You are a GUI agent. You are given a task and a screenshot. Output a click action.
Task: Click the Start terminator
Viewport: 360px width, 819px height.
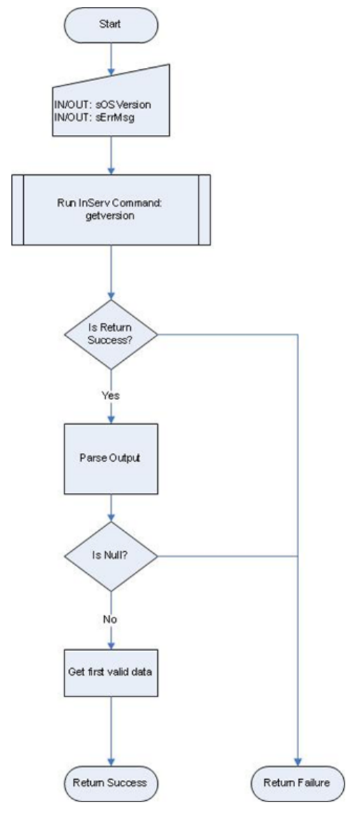pyautogui.click(x=110, y=24)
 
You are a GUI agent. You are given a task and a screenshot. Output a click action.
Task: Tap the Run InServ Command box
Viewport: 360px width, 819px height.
pyautogui.click(x=110, y=210)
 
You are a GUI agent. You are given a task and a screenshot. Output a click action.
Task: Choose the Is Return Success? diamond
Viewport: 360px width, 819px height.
pyautogui.click(x=110, y=335)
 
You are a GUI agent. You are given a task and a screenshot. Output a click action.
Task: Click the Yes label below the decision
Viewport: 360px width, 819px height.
pyautogui.click(x=110, y=395)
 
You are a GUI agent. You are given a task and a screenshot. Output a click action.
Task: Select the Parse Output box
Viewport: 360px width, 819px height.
pyautogui.click(x=110, y=459)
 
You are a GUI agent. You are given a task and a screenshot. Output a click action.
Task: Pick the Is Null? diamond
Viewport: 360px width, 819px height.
pyautogui.click(x=110, y=556)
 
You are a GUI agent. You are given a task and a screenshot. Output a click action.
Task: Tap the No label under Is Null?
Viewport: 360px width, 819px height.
pyautogui.click(x=110, y=620)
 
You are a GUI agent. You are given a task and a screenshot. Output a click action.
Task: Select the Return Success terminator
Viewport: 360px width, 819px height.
pyautogui.click(x=110, y=783)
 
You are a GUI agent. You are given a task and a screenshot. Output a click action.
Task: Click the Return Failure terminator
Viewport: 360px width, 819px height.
pyautogui.click(x=298, y=783)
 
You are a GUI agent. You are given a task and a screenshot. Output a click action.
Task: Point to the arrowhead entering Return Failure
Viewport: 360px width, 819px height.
pyautogui.click(x=298, y=762)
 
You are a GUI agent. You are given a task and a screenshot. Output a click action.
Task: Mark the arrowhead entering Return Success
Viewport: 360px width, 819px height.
pyautogui.click(x=110, y=762)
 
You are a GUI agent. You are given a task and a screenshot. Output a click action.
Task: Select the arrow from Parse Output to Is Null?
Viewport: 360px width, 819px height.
pyautogui.click(x=110, y=507)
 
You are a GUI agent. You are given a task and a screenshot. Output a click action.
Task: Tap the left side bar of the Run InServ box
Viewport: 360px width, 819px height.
pyautogui.click(x=17, y=210)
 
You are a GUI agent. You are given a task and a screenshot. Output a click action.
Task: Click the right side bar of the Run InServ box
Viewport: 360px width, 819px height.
pyautogui.click(x=205, y=210)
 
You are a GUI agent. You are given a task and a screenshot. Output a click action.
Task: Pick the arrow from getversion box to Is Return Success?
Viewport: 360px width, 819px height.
pyautogui.click(x=110, y=272)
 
